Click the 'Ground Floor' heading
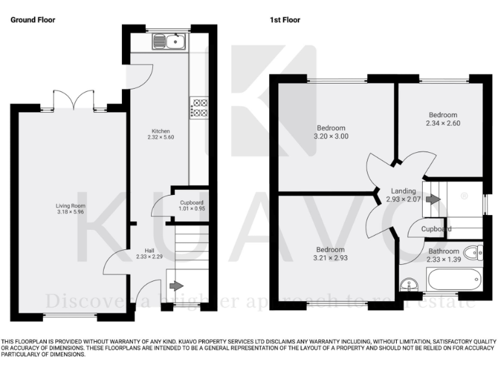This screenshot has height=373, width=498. tap(32, 20)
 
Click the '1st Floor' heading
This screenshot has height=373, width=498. tap(285, 20)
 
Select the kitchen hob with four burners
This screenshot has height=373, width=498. tap(198, 107)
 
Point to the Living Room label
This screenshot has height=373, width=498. tap(70, 206)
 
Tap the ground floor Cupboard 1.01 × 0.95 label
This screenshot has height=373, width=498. tap(192, 206)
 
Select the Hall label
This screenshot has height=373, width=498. tap(150, 250)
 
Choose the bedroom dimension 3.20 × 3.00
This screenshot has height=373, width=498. tap(331, 136)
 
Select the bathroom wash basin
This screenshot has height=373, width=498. tap(409, 284)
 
